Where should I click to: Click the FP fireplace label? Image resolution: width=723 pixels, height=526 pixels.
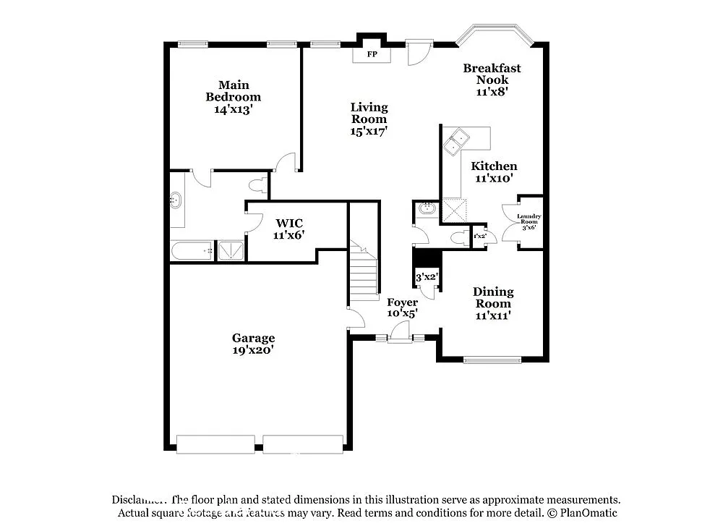pos(372,55)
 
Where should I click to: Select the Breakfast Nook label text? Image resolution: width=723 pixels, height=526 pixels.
pos(492,74)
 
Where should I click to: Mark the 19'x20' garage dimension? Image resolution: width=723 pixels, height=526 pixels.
pos(253,349)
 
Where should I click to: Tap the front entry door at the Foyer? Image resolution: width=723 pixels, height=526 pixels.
pos(398,334)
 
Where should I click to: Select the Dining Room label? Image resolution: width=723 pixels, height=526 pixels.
pos(493,297)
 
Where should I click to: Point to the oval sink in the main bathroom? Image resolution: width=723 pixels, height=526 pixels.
pos(176,200)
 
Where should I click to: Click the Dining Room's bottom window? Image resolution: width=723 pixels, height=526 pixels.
pos(492,359)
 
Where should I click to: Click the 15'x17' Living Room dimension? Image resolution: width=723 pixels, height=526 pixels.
pos(369,131)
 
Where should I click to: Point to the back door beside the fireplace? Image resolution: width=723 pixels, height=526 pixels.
pos(417,51)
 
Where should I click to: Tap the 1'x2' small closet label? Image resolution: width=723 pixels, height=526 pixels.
pos(479,237)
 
